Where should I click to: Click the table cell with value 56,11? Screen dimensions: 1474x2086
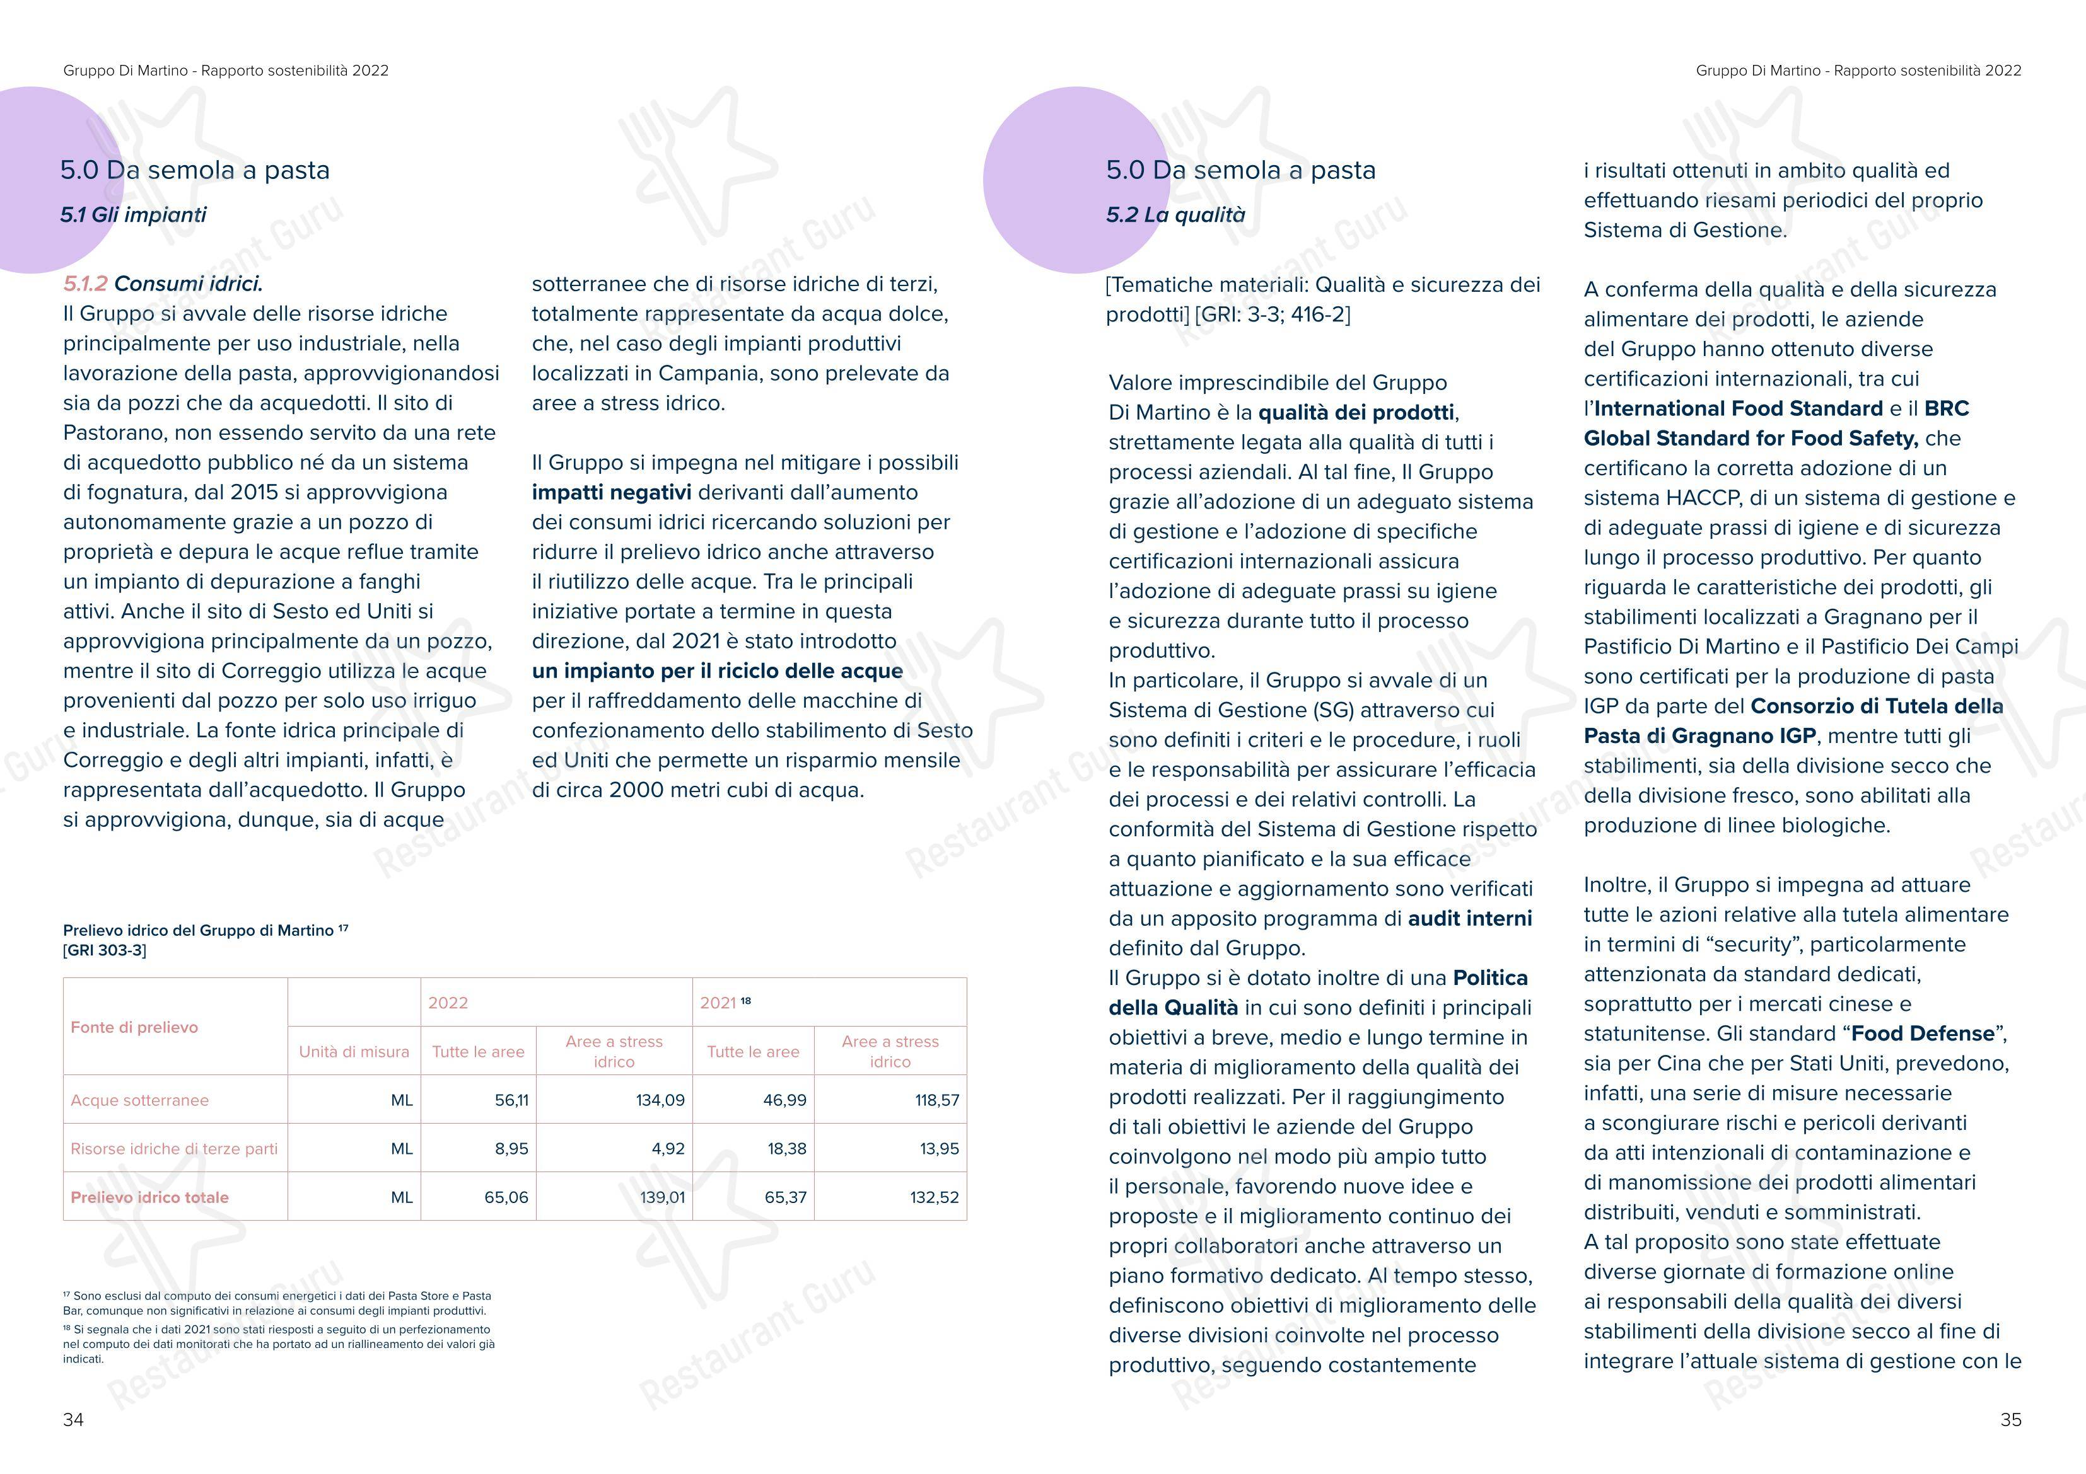click(x=511, y=1100)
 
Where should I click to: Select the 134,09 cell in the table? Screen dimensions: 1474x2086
click(x=660, y=1100)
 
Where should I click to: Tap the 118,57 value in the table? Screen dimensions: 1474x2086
click(x=936, y=1100)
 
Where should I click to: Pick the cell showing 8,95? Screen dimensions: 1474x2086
click(x=511, y=1149)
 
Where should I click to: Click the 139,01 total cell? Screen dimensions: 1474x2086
click(x=662, y=1197)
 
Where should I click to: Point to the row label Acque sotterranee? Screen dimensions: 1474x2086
click(x=140, y=1100)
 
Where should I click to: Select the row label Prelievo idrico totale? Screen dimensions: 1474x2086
click(x=150, y=1197)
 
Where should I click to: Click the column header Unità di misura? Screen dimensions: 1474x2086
click(x=354, y=1052)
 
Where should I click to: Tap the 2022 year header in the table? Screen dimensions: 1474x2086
click(x=448, y=1003)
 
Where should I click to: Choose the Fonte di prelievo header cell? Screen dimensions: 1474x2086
click(x=134, y=1027)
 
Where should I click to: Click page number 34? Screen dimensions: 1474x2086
click(x=74, y=1420)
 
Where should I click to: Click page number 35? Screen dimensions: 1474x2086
click(x=2010, y=1420)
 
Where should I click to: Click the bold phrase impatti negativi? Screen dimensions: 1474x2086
click(x=612, y=492)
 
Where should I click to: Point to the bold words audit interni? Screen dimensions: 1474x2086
click(x=1469, y=918)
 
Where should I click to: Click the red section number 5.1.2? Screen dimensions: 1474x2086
click(x=85, y=284)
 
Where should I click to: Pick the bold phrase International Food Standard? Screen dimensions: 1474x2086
click(x=1738, y=409)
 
